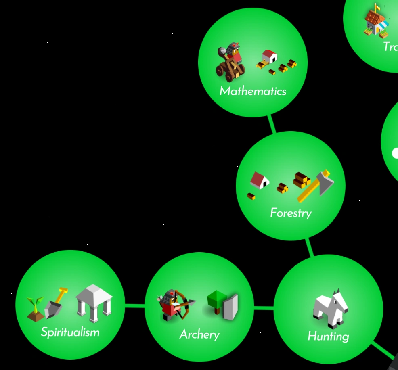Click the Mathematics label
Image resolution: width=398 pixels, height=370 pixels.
point(253,91)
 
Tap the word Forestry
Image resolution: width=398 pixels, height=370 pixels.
point(291,213)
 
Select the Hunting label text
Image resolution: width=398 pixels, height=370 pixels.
point(328,336)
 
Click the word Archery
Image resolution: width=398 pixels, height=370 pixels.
point(199,334)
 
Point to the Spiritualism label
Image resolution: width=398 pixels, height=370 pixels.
point(70,332)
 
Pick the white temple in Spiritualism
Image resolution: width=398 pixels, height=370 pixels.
point(94,303)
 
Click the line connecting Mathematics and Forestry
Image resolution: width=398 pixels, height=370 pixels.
point(272,124)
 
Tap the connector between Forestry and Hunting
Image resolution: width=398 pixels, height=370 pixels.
point(310,247)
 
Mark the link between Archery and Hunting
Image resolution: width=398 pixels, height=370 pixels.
point(264,309)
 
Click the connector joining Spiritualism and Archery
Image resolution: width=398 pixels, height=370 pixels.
point(134,306)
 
